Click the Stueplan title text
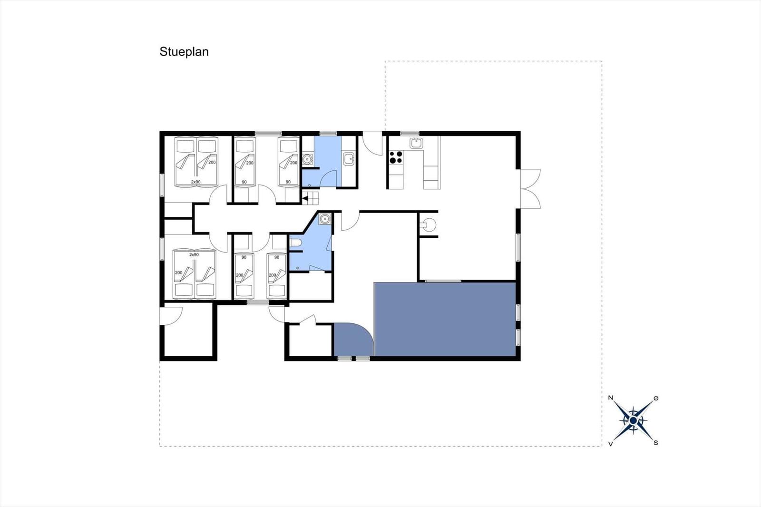pos(184,52)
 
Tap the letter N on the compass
pos(611,398)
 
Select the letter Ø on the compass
pos(656,398)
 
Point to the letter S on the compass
pos(656,443)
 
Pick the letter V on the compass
pos(611,444)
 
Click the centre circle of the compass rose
pos(633,421)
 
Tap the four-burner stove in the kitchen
pos(396,157)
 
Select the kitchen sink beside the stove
pos(416,143)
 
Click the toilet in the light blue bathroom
pos(295,243)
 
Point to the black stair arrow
pos(305,198)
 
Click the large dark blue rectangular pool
pos(445,319)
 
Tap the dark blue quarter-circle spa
pos(351,341)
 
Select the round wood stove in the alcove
pos(429,224)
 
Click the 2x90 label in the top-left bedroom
pos(195,182)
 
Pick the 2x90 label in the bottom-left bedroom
pos(194,254)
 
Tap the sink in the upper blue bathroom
pos(348,159)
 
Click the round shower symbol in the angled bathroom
pos(324,219)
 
